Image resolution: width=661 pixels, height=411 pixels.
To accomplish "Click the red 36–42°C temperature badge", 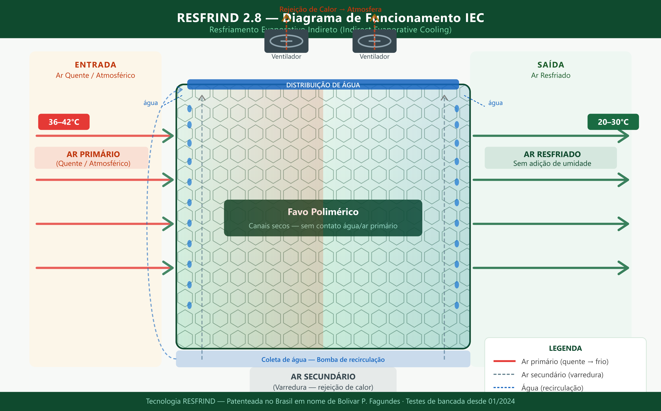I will (64, 122).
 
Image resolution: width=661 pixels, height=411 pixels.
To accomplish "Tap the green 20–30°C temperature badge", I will (613, 122).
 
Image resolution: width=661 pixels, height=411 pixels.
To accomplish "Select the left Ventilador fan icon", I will (286, 41).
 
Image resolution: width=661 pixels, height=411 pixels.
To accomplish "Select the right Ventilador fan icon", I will (374, 41).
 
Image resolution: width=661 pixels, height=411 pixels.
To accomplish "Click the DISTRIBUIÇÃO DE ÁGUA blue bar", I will (323, 85).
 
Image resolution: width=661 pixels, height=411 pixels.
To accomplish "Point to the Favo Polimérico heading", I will (323, 212).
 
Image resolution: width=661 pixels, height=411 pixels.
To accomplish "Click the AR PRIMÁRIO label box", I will (92, 158).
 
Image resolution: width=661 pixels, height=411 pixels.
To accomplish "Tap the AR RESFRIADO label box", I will (551, 158).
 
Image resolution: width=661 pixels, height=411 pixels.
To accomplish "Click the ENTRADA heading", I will (95, 65).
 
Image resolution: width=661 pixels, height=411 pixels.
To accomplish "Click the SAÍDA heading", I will (551, 65).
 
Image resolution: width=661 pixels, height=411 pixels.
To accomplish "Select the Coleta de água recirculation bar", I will (323, 359).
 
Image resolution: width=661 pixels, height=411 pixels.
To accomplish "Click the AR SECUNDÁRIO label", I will (323, 377).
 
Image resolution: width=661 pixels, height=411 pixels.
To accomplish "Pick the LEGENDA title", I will (565, 348).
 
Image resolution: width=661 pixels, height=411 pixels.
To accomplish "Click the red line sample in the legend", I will (504, 361).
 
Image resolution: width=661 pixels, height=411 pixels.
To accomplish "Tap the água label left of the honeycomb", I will (151, 103).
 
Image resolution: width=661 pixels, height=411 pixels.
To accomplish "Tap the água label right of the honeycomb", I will (495, 103).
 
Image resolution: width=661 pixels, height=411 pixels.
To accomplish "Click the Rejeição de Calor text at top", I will (330, 9).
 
